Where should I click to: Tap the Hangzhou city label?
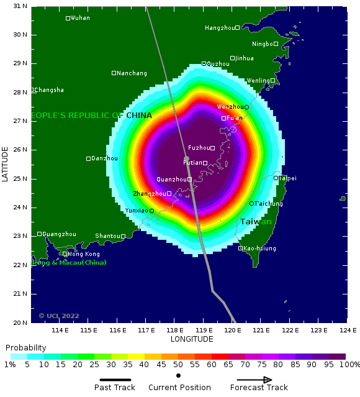click(220, 28)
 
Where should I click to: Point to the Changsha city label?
click(49, 90)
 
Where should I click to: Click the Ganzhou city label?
click(104, 158)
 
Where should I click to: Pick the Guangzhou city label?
click(60, 234)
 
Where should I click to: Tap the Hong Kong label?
click(83, 254)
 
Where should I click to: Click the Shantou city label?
click(107, 236)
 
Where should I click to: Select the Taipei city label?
click(288, 178)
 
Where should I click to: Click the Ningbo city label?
click(263, 44)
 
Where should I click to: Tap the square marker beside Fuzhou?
click(212, 148)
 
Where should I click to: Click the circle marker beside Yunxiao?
click(151, 211)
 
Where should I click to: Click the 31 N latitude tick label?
click(20, 6)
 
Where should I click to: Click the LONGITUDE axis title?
click(192, 339)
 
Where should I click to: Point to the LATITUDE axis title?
click(5, 164)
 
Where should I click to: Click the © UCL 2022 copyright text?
click(59, 316)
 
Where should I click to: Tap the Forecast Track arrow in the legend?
click(254, 380)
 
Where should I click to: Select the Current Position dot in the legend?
click(178, 376)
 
